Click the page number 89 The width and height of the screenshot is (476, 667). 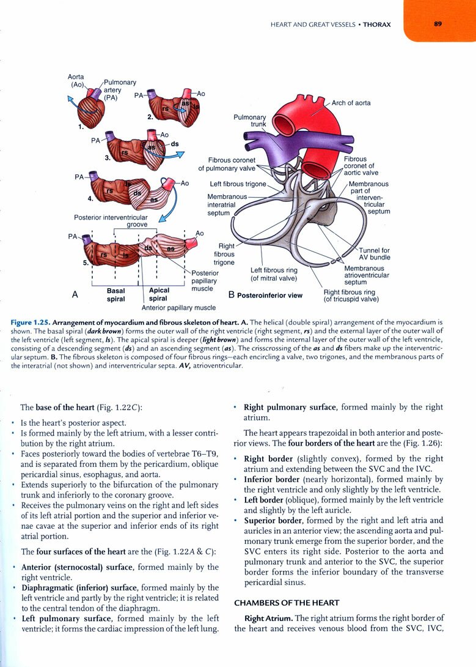pyautogui.click(x=438, y=24)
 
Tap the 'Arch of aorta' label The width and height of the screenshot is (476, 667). pyautogui.click(x=351, y=103)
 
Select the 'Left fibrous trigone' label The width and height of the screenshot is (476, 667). pyautogui.click(x=238, y=184)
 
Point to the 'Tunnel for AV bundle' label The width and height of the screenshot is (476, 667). pyautogui.click(x=374, y=253)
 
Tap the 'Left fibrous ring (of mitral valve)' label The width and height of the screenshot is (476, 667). pyautogui.click(x=274, y=274)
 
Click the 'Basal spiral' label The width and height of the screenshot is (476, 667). pyautogui.click(x=115, y=295)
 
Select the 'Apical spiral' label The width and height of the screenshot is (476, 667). pyautogui.click(x=158, y=295)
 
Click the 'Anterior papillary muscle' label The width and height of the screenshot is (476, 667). pyautogui.click(x=178, y=308)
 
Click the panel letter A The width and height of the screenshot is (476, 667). pyautogui.click(x=75, y=294)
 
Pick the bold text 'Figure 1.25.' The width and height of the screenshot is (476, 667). pyautogui.click(x=31, y=321)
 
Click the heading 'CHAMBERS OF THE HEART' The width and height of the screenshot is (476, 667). pyautogui.click(x=287, y=603)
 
